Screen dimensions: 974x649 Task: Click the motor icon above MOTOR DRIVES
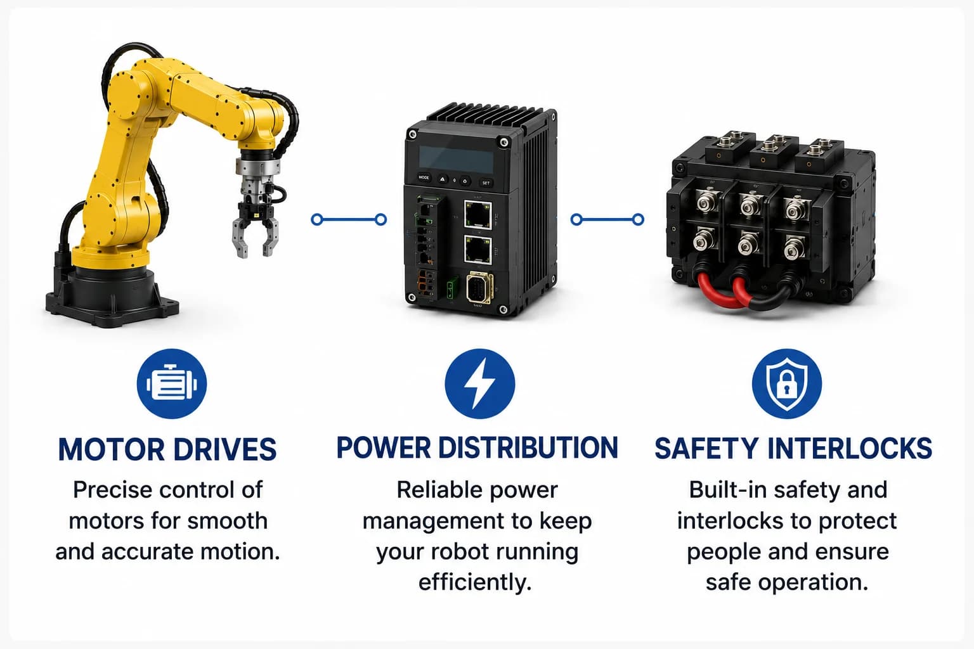click(172, 383)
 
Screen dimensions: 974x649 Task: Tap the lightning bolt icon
click(479, 383)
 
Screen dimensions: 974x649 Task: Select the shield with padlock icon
click(786, 383)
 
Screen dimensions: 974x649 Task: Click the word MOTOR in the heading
click(112, 449)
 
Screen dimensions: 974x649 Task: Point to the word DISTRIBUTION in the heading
click(528, 447)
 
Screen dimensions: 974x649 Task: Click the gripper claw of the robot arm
click(256, 231)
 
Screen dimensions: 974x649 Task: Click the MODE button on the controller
click(424, 177)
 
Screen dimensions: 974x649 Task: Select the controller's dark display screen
click(456, 160)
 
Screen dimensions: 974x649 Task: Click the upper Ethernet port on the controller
click(478, 214)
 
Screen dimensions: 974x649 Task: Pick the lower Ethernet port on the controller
click(478, 250)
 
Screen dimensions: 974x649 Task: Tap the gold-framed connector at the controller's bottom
click(480, 288)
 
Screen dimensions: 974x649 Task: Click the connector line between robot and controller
click(349, 219)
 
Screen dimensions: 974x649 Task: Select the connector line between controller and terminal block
click(607, 219)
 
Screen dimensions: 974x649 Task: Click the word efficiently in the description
click(475, 582)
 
